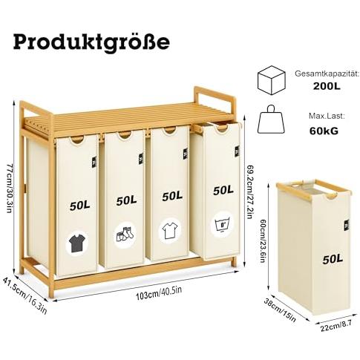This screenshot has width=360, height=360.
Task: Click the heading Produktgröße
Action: (91, 42)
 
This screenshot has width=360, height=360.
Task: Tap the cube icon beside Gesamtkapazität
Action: (272, 80)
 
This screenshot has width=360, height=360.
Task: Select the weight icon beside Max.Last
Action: (272, 120)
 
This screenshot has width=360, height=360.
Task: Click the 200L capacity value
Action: (327, 86)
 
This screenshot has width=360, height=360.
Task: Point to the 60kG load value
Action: (324, 131)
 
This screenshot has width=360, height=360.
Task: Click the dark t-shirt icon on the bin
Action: (77, 244)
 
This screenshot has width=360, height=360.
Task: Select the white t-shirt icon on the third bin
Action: (170, 231)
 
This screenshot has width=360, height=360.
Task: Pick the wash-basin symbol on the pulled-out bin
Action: (221, 225)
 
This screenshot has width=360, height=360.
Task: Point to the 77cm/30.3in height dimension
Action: (9, 188)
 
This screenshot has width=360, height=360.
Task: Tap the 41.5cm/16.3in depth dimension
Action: (24, 295)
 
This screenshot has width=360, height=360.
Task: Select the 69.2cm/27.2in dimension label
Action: (249, 191)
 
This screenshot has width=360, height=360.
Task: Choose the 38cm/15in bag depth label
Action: (280, 310)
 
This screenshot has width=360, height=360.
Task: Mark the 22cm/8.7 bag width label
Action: (336, 326)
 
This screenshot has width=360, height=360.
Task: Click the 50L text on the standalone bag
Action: (333, 259)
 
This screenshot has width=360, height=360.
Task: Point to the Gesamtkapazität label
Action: (327, 73)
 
